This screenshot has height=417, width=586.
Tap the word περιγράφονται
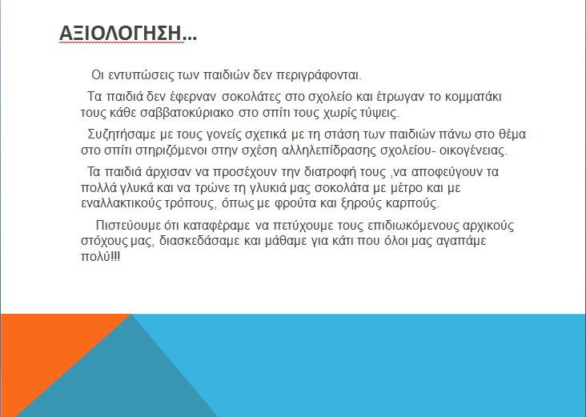click(319, 75)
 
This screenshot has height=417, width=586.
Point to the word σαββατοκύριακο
click(187, 113)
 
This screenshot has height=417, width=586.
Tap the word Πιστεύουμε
click(128, 226)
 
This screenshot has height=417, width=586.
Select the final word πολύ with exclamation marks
click(101, 257)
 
